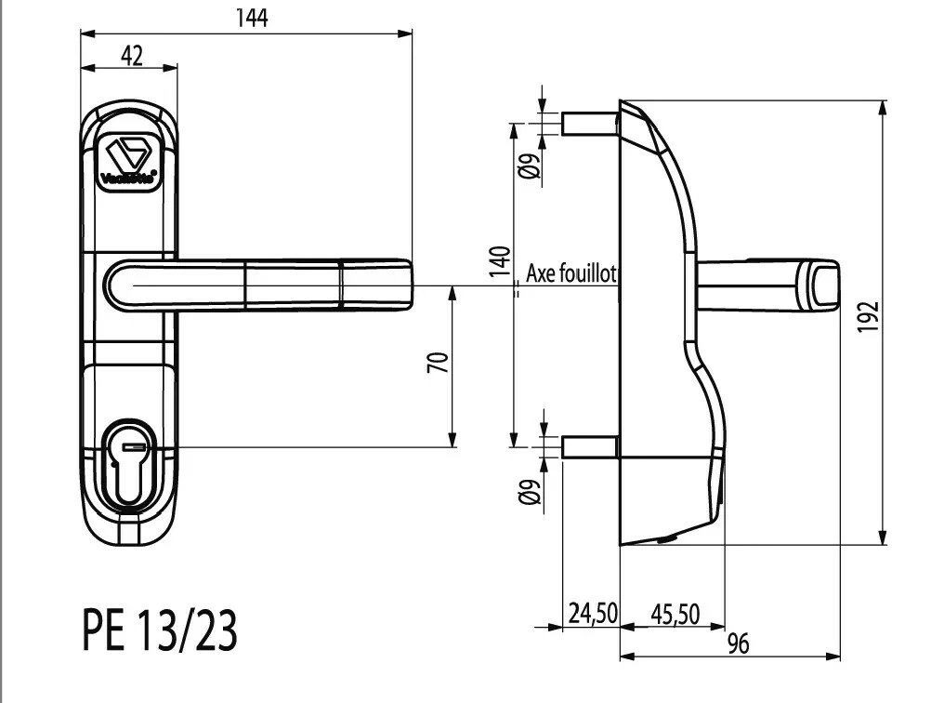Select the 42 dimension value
point(131,56)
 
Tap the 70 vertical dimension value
point(439,362)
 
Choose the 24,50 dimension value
point(592,613)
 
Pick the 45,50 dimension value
point(674,613)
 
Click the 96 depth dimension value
point(739,643)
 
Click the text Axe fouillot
point(571,273)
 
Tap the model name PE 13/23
point(159,631)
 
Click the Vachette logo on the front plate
point(129,157)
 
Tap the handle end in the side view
point(821,286)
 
